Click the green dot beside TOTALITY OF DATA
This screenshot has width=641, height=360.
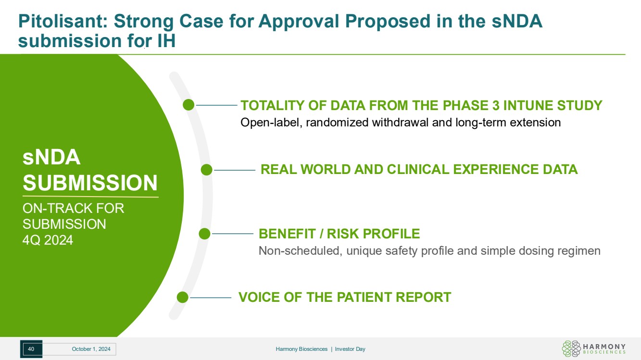click(189, 105)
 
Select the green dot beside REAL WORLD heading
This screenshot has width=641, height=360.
click(206, 170)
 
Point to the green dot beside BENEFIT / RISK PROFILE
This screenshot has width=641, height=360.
click(204, 234)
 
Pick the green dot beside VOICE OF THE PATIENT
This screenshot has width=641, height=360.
click(182, 297)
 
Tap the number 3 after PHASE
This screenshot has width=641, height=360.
click(496, 105)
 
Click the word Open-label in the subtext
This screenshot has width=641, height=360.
click(271, 123)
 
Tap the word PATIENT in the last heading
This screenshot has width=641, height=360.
click(364, 297)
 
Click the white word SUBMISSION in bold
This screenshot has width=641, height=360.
click(90, 183)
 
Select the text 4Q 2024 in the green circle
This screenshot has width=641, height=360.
click(48, 240)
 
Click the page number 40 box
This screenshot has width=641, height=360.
click(31, 349)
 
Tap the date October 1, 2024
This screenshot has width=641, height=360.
click(91, 349)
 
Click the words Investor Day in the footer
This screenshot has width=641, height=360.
click(350, 349)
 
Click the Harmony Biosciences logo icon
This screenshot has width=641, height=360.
click(571, 348)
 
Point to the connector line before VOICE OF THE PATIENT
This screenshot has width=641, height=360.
click(211, 298)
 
